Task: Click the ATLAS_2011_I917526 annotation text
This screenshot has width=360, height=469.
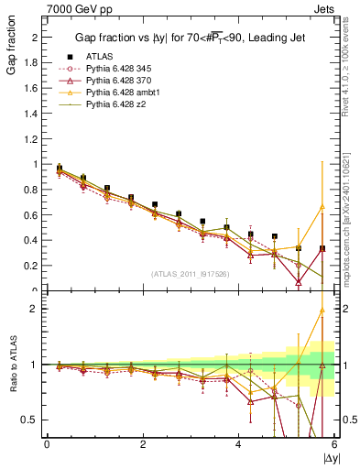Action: click(191, 272)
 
